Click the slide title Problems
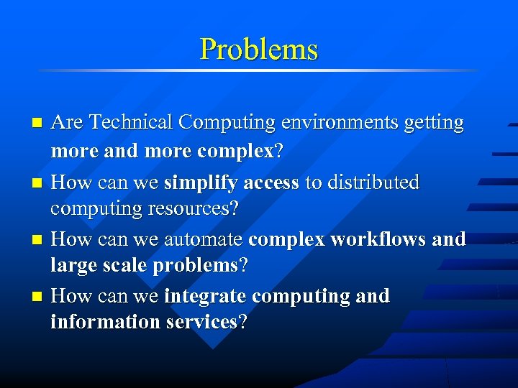(258, 49)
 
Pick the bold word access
(271, 183)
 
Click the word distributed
(373, 183)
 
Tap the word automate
(204, 239)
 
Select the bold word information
(105, 322)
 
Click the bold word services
(201, 322)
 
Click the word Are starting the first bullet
(67, 123)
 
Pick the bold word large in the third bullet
(71, 265)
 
